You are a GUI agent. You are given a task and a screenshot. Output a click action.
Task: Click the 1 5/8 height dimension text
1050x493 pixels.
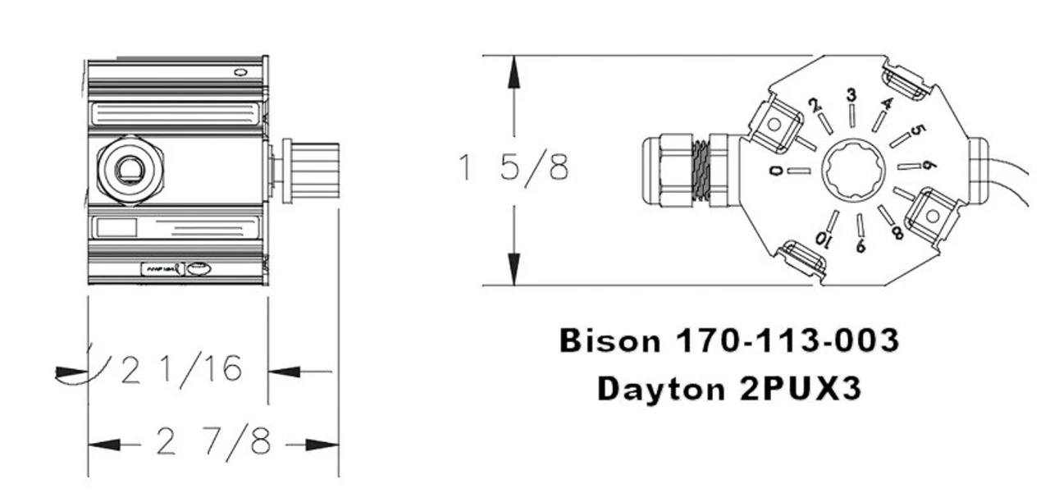tap(514, 168)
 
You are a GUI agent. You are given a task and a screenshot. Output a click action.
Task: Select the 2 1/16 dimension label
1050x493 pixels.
tap(181, 371)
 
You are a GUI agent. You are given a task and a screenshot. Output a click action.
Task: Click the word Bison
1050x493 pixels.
tap(609, 340)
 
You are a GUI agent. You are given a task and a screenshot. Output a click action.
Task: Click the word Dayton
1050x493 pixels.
tap(655, 388)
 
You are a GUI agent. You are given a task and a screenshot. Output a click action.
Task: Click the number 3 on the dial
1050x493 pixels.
tap(851, 96)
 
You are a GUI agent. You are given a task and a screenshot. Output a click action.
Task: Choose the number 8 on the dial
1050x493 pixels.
tap(897, 232)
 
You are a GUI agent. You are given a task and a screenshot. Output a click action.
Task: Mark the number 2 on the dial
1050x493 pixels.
tap(814, 106)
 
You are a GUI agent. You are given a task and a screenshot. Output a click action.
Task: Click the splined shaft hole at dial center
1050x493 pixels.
tap(855, 170)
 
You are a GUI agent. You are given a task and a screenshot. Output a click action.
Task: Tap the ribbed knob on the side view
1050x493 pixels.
tap(311, 171)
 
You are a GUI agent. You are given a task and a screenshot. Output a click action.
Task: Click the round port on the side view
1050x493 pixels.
tap(129, 171)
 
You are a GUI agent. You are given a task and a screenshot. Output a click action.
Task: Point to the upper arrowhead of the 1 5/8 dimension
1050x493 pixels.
tap(514, 74)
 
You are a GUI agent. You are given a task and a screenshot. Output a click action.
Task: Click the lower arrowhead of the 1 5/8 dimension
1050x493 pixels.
tap(514, 268)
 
